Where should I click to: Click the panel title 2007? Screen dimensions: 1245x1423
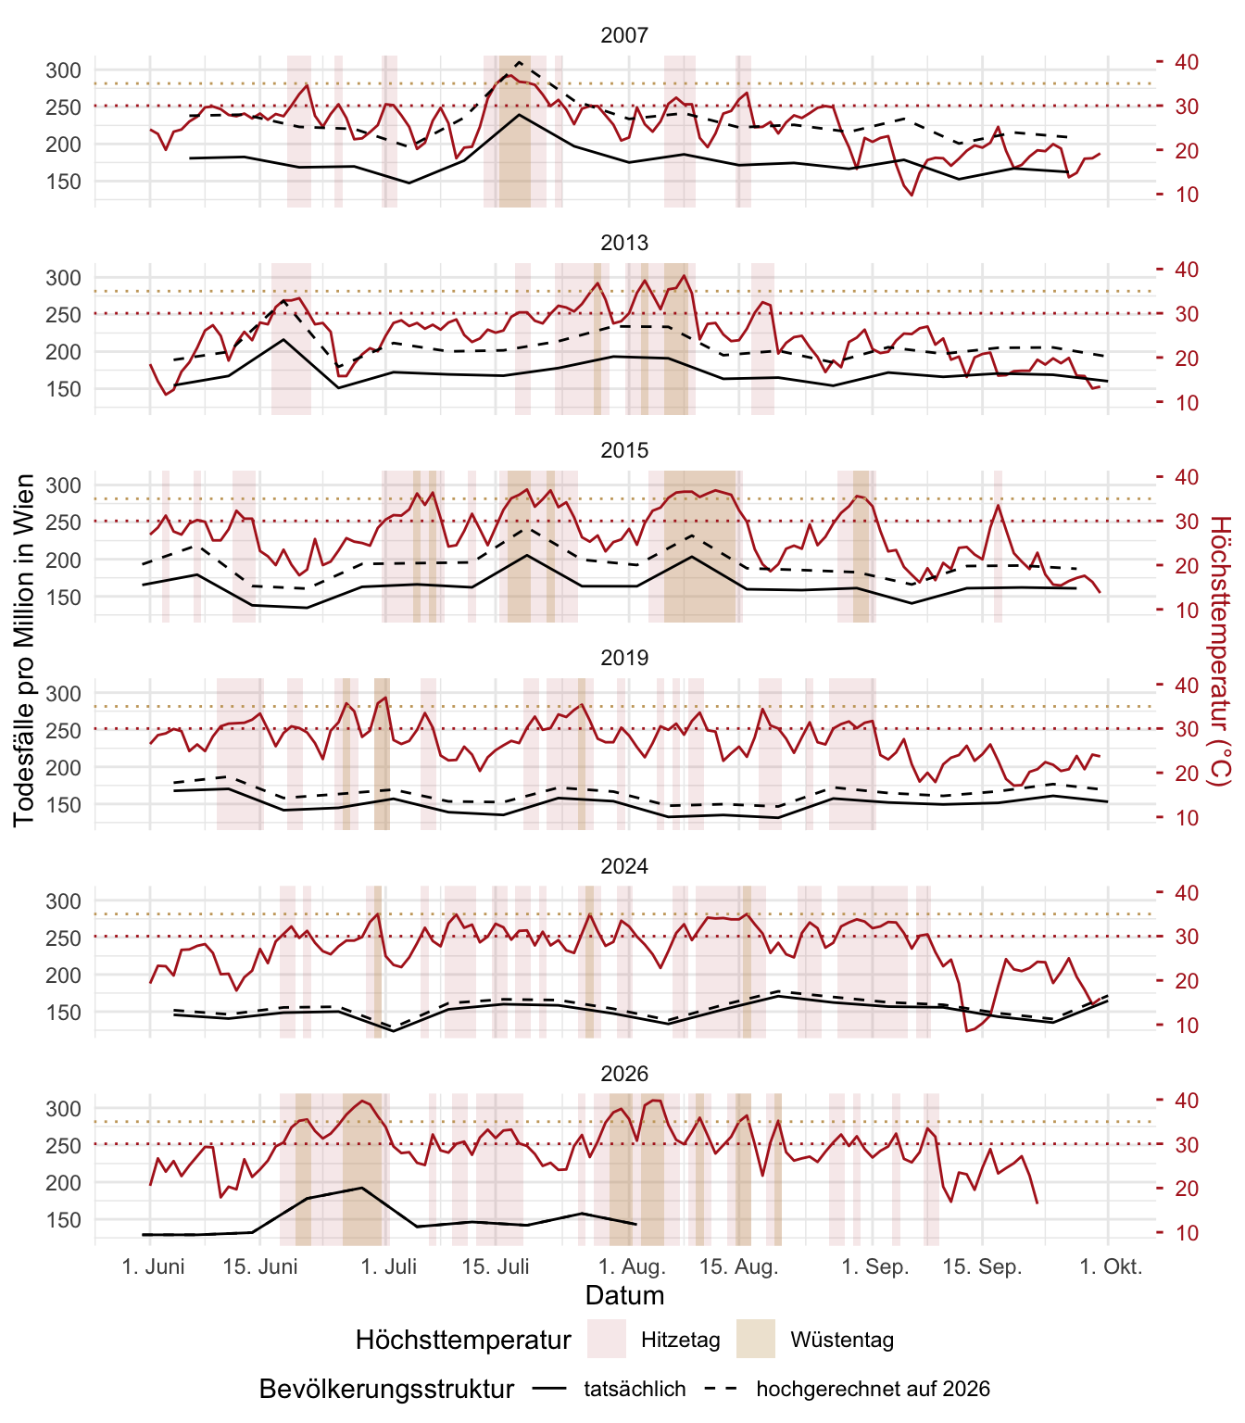(624, 35)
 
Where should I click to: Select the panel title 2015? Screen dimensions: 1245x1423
(624, 450)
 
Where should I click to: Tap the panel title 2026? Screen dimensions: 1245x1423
(624, 1074)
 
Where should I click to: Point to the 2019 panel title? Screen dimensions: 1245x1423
(624, 658)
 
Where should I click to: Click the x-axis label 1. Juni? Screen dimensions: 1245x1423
(153, 1266)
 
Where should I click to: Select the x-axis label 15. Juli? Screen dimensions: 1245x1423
(496, 1266)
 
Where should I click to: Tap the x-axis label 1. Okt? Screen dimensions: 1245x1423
(1111, 1266)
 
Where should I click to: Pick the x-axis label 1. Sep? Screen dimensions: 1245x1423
(875, 1266)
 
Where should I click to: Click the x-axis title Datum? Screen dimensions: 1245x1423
(624, 1296)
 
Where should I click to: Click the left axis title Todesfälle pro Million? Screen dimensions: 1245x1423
(24, 650)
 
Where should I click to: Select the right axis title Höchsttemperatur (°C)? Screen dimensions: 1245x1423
(1221, 651)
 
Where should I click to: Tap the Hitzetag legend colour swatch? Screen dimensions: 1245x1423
(607, 1339)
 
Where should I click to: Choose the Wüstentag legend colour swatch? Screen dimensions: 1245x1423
(755, 1339)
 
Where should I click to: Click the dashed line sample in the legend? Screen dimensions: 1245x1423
(721, 1389)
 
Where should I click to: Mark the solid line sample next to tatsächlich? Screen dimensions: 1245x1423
(549, 1389)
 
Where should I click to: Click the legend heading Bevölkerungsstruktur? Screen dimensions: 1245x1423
(386, 1389)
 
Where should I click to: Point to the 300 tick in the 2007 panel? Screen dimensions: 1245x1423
(63, 70)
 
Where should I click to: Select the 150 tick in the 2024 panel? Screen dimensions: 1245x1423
(63, 1013)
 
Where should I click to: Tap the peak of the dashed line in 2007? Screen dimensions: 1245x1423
(519, 62)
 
